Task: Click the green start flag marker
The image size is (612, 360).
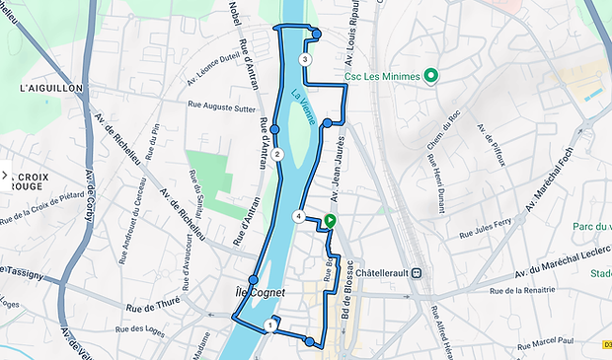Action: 330,222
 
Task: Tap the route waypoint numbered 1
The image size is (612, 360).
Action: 270,324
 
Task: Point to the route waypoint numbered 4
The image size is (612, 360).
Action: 298,216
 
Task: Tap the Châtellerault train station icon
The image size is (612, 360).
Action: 418,273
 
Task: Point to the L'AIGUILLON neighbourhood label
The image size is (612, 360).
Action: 50,88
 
